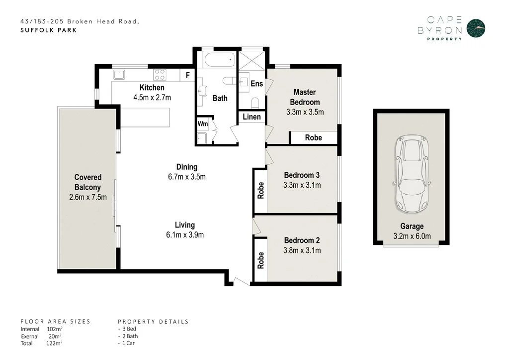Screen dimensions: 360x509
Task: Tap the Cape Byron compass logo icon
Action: tap(476, 28)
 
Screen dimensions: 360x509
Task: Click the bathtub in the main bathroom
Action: tap(219, 62)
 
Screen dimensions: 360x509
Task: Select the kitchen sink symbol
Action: tap(119, 75)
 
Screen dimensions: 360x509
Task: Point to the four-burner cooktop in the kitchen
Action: tap(160, 75)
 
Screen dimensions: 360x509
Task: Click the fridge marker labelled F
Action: tap(187, 76)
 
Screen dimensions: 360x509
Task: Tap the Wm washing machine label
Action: tap(203, 123)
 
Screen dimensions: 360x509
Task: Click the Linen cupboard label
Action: tap(252, 117)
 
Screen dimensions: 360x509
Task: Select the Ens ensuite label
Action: tap(256, 84)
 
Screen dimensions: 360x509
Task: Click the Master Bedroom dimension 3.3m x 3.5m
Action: tap(305, 112)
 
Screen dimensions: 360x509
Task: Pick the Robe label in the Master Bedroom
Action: tap(313, 138)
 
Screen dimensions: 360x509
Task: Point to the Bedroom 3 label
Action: tap(302, 175)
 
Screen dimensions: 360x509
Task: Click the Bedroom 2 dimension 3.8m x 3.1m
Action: tap(302, 250)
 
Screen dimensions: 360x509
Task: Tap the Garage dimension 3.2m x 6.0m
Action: tap(412, 237)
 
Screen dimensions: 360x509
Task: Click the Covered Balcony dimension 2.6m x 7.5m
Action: tap(88, 197)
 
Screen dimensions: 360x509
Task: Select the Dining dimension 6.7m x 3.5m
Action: tap(186, 177)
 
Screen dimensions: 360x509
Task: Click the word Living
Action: tap(184, 225)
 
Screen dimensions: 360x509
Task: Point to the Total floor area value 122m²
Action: tap(54, 343)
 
